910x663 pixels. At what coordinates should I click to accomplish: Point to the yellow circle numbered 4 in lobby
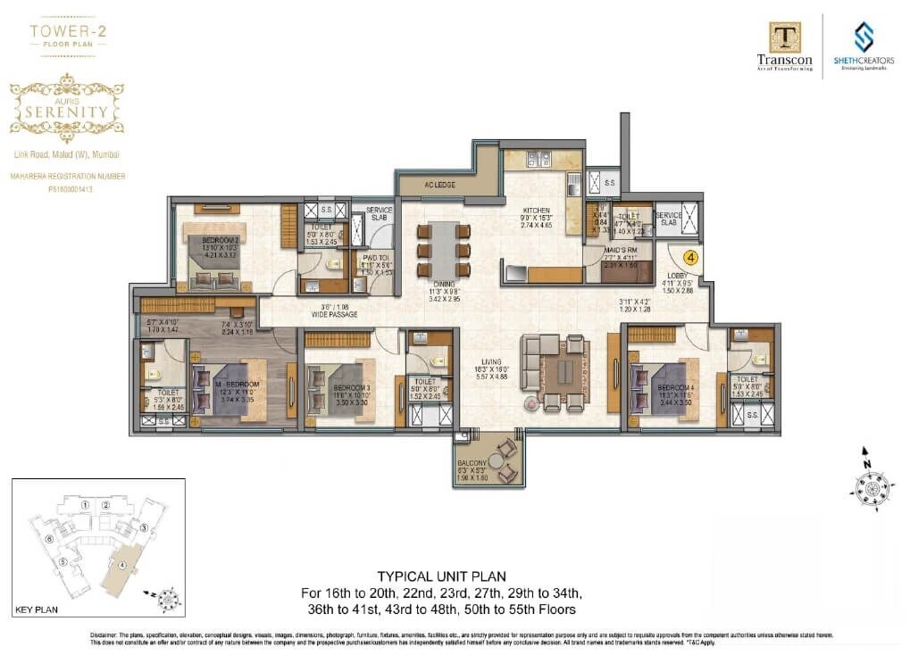tap(691, 256)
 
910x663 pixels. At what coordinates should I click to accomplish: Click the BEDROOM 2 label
tap(219, 240)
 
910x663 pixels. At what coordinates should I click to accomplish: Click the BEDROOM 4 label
tap(675, 388)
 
